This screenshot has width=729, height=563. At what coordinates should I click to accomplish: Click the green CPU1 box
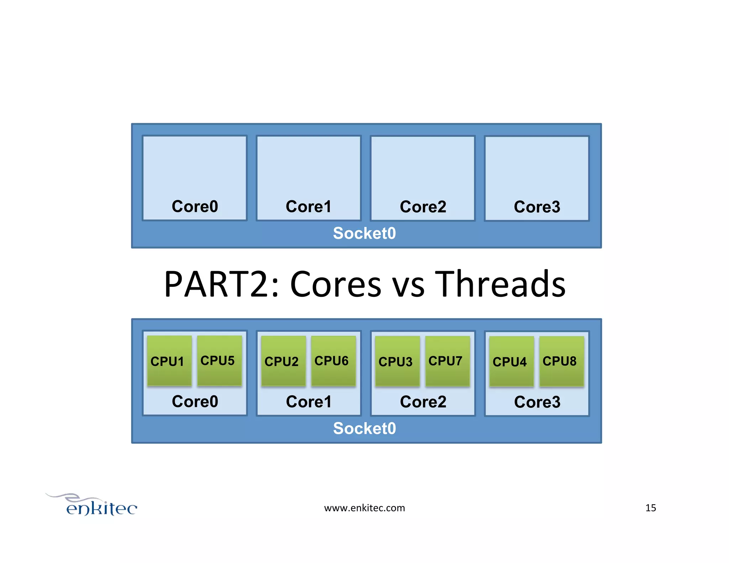169,361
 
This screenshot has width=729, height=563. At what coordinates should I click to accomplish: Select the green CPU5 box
219,361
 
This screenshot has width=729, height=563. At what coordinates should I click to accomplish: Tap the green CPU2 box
283,361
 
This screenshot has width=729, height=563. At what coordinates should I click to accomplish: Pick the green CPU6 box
333,361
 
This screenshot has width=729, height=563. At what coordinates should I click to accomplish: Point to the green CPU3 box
397,362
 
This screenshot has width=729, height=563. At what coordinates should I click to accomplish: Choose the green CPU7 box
447,361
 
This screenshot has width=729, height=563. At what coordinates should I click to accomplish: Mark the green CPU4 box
511,362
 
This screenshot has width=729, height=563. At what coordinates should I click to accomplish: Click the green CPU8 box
561,361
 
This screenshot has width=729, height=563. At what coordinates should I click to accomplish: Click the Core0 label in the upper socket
195,206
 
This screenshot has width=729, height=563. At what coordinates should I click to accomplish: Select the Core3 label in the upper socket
537,207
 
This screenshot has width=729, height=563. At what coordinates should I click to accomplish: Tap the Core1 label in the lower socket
309,402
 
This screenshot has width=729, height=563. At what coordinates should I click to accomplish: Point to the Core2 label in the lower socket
423,402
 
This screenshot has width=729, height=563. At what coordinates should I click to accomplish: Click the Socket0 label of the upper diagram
364,233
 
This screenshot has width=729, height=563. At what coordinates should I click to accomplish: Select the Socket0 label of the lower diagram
364,428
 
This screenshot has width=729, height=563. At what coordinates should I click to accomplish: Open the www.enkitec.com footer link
364,508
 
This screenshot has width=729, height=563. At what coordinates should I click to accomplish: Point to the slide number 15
650,508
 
